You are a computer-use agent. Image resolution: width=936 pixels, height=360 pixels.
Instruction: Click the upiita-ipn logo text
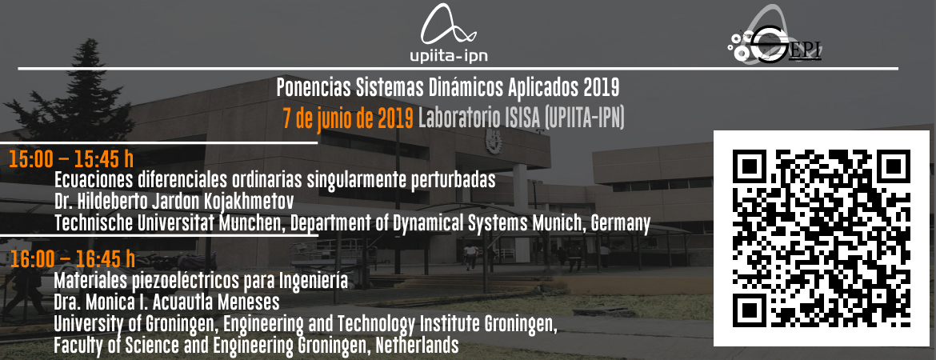coord(449,56)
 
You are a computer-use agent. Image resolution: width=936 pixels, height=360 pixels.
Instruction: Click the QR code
coord(822,238)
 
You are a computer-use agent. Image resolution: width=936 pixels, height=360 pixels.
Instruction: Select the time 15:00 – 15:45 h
coord(71,160)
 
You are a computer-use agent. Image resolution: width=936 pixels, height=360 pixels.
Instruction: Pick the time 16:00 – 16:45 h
coord(72,259)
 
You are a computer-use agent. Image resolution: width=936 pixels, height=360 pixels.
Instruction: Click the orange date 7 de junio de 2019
coord(348,119)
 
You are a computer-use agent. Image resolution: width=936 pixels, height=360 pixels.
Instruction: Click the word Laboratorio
coord(456,119)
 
